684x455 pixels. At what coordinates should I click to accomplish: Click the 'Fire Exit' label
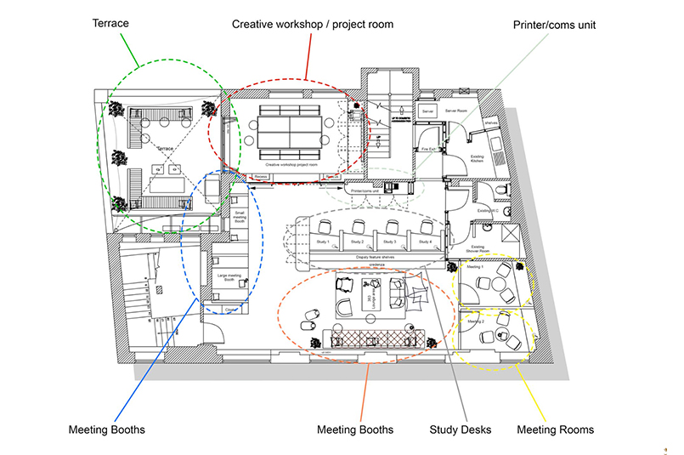(429, 150)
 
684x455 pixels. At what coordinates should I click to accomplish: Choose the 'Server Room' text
(456, 111)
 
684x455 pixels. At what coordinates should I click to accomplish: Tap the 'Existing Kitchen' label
(475, 159)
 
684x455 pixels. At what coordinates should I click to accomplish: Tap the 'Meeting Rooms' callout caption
(555, 429)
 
